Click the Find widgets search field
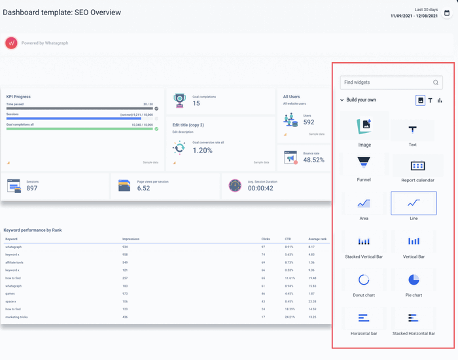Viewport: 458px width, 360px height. [386, 82]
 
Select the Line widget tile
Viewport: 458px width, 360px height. [414, 204]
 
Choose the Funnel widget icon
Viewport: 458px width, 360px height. [363, 162]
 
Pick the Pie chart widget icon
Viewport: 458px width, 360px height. [414, 279]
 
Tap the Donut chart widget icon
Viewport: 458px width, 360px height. [364, 279]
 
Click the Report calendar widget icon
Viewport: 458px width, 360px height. [417, 166]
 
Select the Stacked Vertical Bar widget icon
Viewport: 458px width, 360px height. [364, 242]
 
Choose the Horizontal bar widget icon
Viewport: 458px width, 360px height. [364, 318]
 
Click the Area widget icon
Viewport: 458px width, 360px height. [364, 204]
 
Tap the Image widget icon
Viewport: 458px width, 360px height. [364, 126]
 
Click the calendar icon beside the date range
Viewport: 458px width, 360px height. [447, 12]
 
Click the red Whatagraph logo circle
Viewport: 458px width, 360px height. [11, 43]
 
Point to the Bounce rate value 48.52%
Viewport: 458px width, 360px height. [313, 160]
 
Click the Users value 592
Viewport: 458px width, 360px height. [308, 122]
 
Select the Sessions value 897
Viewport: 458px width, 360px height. [32, 189]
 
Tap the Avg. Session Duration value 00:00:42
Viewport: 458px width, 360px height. [260, 189]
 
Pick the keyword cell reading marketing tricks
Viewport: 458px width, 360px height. [16, 317]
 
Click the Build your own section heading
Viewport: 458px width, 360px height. [361, 100]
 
